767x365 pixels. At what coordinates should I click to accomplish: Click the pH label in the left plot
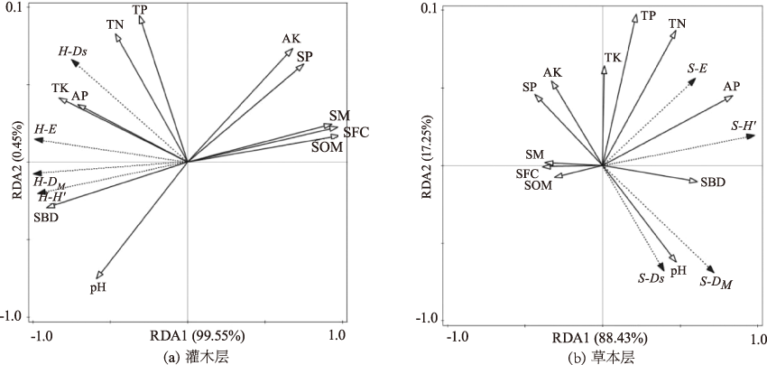[99, 287]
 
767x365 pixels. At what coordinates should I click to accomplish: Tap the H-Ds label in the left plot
[72, 52]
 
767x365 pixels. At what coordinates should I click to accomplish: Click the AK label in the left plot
[291, 39]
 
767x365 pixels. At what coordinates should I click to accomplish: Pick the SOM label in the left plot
[327, 146]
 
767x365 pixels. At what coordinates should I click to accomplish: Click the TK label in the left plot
[60, 89]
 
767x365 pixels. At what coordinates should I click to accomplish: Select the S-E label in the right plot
[697, 67]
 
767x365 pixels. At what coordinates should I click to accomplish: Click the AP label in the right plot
[732, 87]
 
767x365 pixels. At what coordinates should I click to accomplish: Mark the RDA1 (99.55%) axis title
[201, 336]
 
